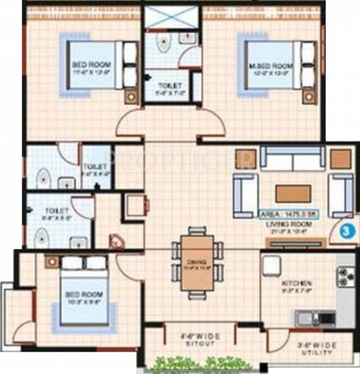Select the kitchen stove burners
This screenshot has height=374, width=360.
344,276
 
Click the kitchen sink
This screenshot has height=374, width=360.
308,318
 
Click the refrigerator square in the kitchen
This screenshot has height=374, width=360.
272,266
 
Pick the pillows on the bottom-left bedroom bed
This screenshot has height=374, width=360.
85,264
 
